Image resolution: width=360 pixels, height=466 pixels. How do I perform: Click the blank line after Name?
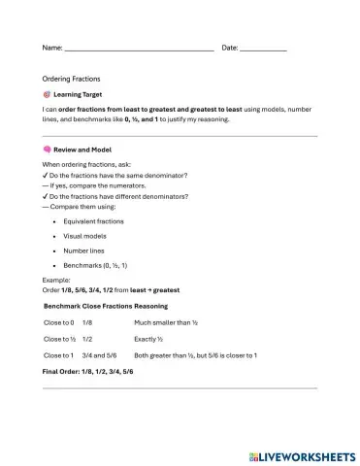click(x=138, y=49)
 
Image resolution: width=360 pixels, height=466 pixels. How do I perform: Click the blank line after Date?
click(x=263, y=49)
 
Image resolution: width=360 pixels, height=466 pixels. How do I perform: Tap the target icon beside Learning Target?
click(x=47, y=95)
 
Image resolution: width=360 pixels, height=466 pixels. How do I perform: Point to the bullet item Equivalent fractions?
click(x=94, y=221)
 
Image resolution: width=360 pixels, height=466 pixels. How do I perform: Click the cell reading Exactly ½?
click(x=153, y=339)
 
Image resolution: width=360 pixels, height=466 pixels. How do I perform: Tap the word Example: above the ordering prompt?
click(x=56, y=279)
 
